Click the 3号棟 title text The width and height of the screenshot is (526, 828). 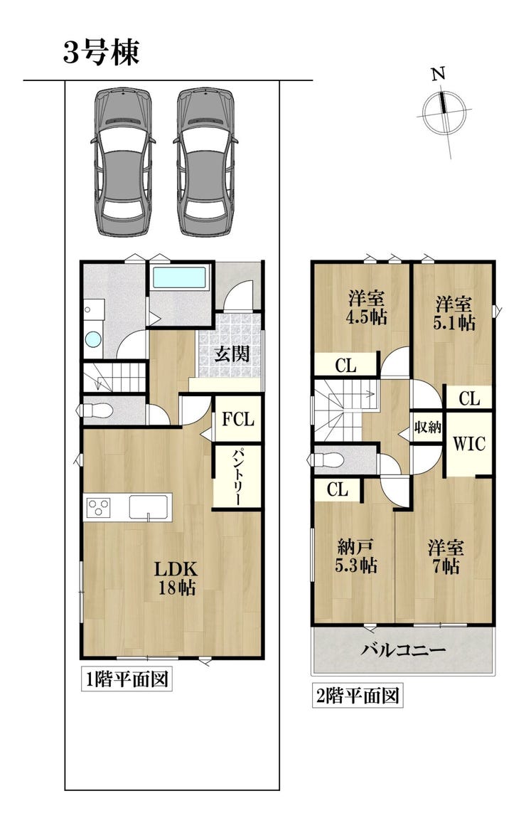102,53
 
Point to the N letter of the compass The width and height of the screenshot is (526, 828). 439,75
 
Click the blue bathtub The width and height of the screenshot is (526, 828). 178,277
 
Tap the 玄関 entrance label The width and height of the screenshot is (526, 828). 232,354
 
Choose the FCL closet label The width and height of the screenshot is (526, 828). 238,419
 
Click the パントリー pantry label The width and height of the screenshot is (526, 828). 237,477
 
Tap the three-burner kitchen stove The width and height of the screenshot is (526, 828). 98,507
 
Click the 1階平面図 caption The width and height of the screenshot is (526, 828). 127,679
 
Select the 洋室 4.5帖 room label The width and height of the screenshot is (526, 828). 367,307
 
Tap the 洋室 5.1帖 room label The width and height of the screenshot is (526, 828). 453,313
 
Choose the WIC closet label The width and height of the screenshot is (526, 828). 469,444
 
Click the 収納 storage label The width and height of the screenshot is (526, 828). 427,427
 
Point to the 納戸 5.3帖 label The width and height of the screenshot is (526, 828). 356,556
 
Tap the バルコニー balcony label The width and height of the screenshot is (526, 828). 403,649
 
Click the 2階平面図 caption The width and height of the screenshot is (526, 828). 357,696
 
